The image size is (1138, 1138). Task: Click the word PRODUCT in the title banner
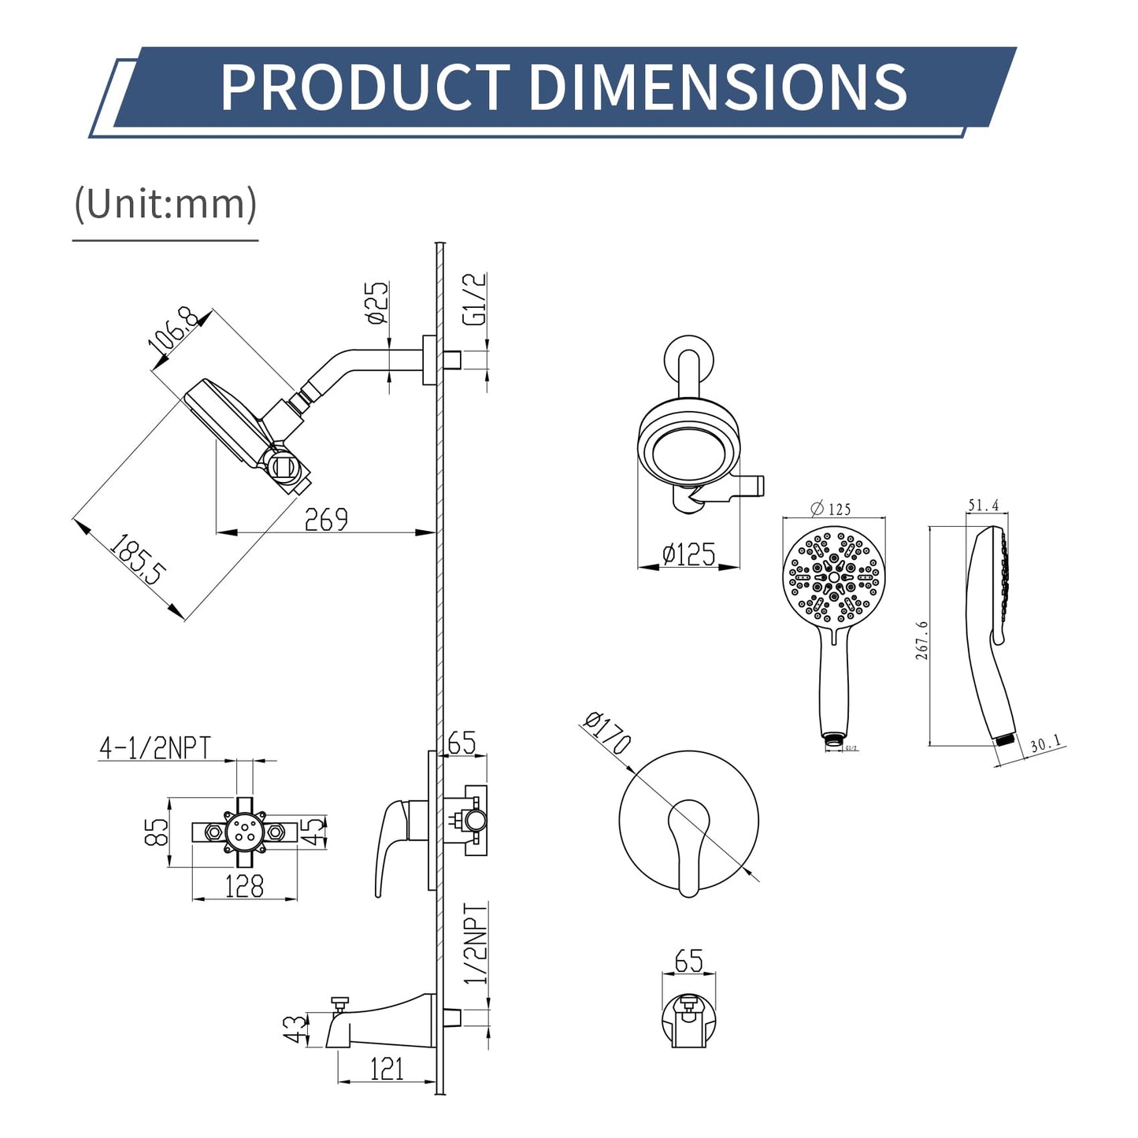tap(365, 87)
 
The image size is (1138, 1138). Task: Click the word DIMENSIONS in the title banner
tap(717, 87)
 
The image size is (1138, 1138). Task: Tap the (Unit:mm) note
tap(165, 204)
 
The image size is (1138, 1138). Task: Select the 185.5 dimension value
tap(138, 560)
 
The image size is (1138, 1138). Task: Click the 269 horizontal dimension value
tap(326, 520)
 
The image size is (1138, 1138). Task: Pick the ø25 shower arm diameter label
tap(377, 303)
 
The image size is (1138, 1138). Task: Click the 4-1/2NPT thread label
tap(155, 747)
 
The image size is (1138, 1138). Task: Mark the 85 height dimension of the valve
tap(157, 832)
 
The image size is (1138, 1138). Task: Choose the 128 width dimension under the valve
tap(244, 887)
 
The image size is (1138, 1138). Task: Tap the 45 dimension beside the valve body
tap(314, 830)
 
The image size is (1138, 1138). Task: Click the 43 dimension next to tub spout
tap(295, 1029)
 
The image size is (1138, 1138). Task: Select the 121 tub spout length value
tap(387, 1069)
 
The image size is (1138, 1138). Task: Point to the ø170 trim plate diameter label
tap(608, 732)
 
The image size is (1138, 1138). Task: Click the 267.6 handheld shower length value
tap(921, 639)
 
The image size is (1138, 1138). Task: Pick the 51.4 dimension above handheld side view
tap(983, 506)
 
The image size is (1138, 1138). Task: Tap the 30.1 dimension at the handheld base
tap(1045, 744)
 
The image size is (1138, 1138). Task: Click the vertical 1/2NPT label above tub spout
tap(476, 943)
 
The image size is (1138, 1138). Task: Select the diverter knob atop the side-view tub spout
tap(340, 1003)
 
